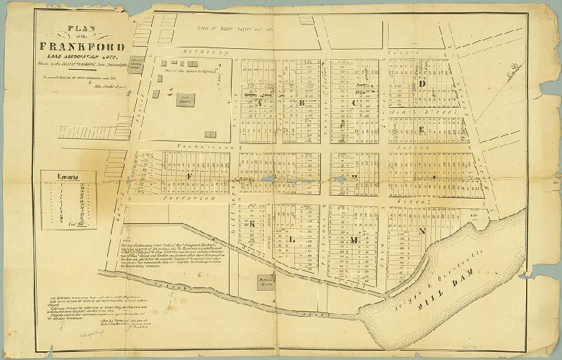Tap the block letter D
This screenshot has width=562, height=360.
(x=423, y=84)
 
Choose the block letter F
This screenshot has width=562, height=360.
(x=189, y=175)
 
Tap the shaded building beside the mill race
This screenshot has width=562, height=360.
(x=260, y=279)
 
